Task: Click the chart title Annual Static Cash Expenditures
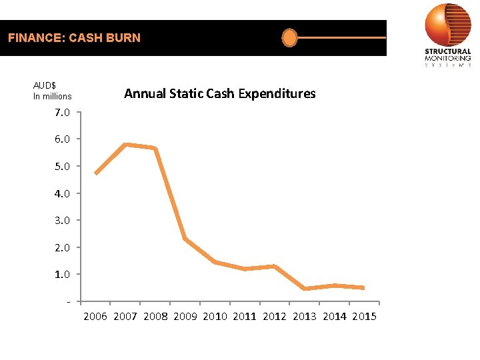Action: pos(220,93)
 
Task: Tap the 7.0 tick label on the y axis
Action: pos(62,112)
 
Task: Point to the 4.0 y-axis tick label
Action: pos(62,193)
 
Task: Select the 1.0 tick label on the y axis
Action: pos(62,274)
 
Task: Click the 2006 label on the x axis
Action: pos(95,317)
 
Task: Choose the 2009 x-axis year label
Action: pos(185,317)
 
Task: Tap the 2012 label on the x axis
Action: pos(275,317)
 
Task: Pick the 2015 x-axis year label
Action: pos(364,317)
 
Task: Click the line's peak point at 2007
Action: pos(126,144)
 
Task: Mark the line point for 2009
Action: pos(185,239)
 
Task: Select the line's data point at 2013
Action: pos(305,289)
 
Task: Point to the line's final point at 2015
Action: pos(363,288)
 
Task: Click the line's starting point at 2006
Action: pos(96,173)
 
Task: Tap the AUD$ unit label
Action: pos(45,85)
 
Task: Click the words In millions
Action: pos(52,97)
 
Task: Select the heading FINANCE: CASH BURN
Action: pos(74,38)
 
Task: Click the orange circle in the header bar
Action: pos(289,38)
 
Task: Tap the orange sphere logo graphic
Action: pos(448,25)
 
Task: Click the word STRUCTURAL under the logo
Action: pos(448,52)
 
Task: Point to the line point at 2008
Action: pos(155,149)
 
